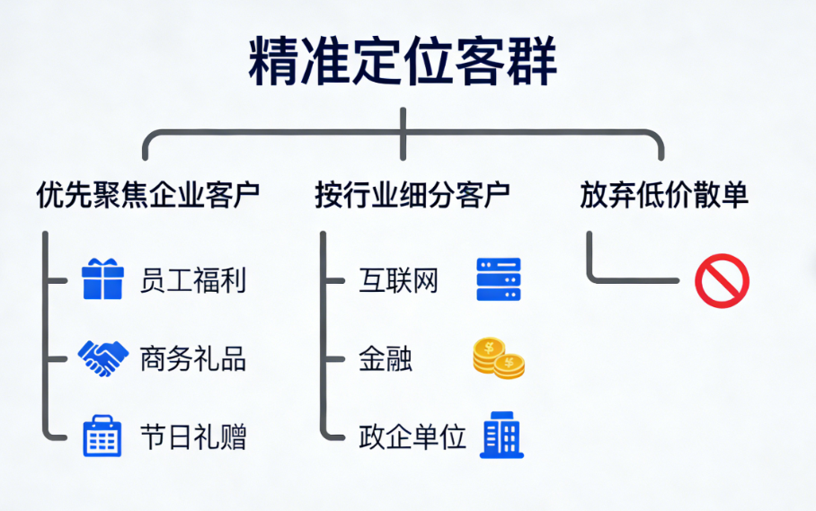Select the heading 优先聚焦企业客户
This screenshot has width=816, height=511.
[x=148, y=195]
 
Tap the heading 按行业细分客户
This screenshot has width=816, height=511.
[x=412, y=195]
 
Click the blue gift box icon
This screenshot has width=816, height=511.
[x=102, y=279]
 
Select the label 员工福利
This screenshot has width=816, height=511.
[x=193, y=280]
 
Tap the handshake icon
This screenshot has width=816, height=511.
[x=102, y=358]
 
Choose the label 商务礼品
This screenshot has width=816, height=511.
[x=193, y=359]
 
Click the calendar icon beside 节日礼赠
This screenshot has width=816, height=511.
[x=102, y=437]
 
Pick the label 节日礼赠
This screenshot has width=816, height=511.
[x=193, y=438]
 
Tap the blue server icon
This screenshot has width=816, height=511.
[x=499, y=279]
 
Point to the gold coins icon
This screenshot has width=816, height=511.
[x=499, y=357]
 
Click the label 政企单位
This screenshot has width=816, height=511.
[x=412, y=438]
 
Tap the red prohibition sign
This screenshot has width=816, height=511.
[x=722, y=281]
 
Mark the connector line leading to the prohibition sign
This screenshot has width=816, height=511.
[x=629, y=279]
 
